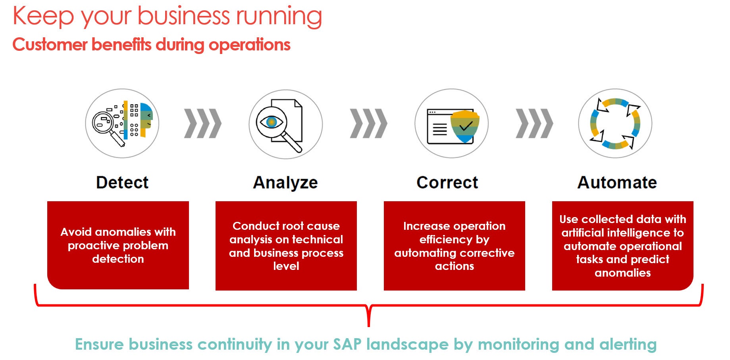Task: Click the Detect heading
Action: tap(122, 183)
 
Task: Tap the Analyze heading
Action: tap(285, 183)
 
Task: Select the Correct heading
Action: tap(447, 183)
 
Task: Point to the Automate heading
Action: tap(617, 183)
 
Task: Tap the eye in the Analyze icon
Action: tap(272, 122)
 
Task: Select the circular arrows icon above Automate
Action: tap(615, 123)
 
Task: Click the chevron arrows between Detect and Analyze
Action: tap(203, 123)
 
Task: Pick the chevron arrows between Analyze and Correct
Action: tap(368, 123)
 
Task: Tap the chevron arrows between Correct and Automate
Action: tap(534, 123)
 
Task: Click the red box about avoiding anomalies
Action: tap(118, 245)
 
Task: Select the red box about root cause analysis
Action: tap(286, 246)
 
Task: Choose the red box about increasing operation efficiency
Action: tap(455, 246)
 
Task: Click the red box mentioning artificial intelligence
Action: tap(623, 246)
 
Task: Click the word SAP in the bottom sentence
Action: tap(347, 344)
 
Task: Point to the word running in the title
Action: tap(279, 17)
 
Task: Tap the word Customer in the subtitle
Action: tap(50, 44)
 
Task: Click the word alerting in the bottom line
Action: tap(628, 345)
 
